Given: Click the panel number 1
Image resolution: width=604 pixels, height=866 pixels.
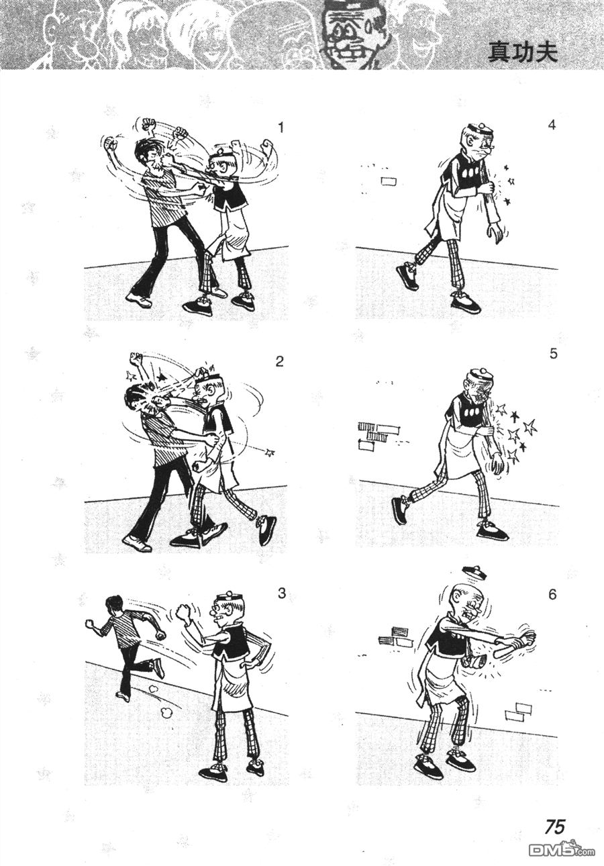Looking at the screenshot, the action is click(281, 127).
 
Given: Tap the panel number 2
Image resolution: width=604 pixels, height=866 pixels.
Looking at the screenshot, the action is click(280, 361).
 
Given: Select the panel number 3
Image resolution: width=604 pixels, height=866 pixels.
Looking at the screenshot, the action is click(282, 593).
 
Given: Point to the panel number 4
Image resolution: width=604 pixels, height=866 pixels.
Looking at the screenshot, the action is click(552, 126).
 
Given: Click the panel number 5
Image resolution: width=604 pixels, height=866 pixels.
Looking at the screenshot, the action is click(554, 354).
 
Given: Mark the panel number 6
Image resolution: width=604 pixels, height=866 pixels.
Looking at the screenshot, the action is click(552, 594).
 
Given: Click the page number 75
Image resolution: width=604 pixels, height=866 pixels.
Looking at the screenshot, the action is click(555, 802).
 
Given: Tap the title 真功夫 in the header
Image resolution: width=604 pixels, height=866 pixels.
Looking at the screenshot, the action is click(523, 53).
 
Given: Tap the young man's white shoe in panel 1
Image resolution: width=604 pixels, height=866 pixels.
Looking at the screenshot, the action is click(139, 300).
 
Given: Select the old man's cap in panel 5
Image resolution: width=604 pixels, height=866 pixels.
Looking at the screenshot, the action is click(481, 374).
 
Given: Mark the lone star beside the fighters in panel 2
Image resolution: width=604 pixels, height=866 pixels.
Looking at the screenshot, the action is click(270, 452).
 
